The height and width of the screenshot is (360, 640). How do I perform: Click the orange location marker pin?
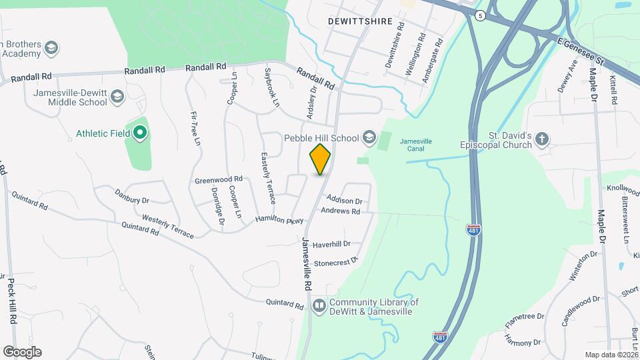(x=321, y=159)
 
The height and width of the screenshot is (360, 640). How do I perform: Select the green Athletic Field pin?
(x=140, y=133)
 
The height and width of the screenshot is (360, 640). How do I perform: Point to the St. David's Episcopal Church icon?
(x=542, y=139)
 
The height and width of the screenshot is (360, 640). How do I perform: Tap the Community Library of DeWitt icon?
(x=319, y=305)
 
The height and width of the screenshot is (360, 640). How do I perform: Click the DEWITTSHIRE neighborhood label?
(x=358, y=21)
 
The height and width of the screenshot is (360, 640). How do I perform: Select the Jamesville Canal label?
(x=416, y=145)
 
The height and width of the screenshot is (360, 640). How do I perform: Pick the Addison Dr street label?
(x=344, y=200)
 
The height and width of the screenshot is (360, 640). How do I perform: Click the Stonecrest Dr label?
(x=336, y=262)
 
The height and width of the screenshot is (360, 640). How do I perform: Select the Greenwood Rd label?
(x=218, y=180)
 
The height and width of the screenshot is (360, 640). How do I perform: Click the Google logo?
(x=22, y=351)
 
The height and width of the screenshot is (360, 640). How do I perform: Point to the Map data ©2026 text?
(x=611, y=355)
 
